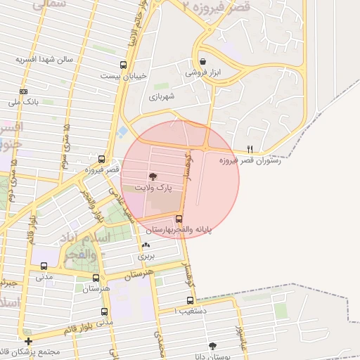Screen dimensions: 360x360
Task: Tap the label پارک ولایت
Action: point(155,189)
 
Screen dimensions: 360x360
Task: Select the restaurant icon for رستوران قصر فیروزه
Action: point(250,149)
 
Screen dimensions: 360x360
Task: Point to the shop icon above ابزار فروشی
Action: point(203,61)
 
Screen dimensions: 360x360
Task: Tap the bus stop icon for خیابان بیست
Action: point(124,65)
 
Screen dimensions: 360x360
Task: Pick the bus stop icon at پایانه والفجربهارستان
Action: point(179,219)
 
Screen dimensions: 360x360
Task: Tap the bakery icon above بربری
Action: point(146,245)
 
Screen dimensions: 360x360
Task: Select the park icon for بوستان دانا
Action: point(212,346)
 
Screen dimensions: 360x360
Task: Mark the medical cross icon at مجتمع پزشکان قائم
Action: point(27,341)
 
